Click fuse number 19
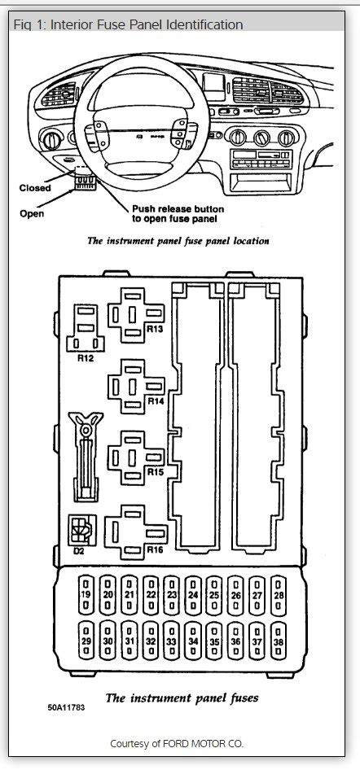86,595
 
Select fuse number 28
279,595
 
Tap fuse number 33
171,641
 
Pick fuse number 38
279,641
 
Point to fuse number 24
193,595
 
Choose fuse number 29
86,641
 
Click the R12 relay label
86,358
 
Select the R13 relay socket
136,315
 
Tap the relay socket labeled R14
136,387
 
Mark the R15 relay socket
136,457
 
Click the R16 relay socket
136,532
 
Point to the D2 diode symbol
82,529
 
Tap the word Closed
35,188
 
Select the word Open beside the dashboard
32,213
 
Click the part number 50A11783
66,707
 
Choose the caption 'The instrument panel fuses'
182,698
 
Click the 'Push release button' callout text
178,209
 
